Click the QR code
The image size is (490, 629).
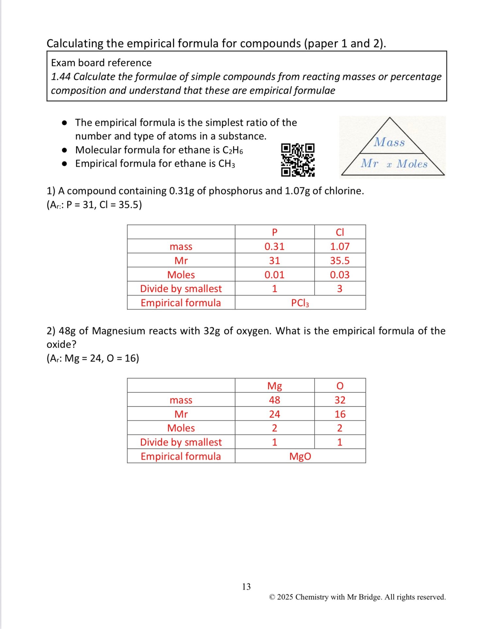[298, 160]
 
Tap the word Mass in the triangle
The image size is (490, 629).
[389, 142]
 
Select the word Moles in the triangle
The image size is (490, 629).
[412, 164]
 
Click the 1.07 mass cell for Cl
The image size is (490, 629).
[340, 246]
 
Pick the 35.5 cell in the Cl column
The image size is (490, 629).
[340, 260]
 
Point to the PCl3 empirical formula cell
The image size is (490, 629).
[300, 303]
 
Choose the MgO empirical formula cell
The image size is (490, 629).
[300, 456]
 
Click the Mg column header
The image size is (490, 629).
[274, 386]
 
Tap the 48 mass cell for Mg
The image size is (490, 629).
[274, 400]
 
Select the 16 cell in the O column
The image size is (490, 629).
[340, 414]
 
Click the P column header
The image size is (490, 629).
[274, 232]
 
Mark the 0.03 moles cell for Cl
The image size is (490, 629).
[340, 275]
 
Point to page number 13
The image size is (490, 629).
[246, 587]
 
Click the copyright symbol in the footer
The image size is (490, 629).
[272, 597]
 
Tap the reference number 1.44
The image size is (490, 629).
[61, 77]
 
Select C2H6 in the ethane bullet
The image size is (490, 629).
[233, 150]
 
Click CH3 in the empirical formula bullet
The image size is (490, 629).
[226, 164]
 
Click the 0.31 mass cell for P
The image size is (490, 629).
[274, 246]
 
